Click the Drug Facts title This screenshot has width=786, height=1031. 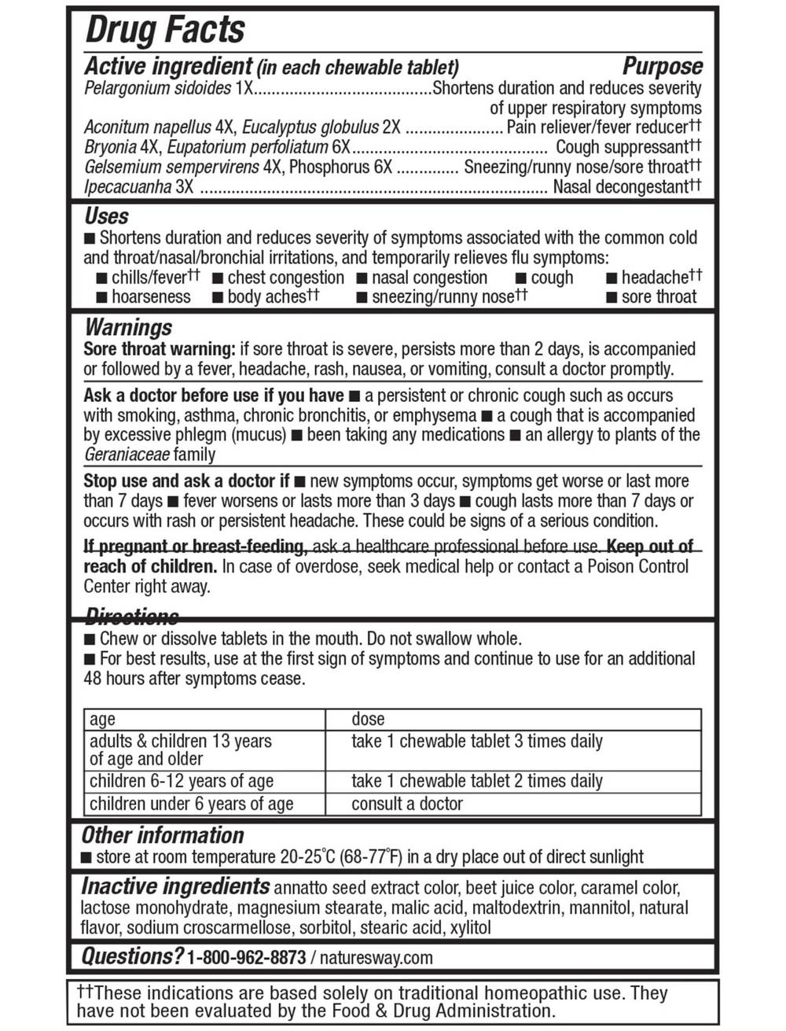click(164, 30)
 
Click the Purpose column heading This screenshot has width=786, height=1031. click(663, 67)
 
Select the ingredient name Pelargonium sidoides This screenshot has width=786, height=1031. click(157, 88)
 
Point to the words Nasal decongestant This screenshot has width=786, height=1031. click(620, 187)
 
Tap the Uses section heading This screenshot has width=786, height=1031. click(106, 216)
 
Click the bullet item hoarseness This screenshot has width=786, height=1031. click(151, 297)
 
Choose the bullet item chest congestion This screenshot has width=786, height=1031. click(285, 278)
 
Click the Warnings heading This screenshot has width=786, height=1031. click(128, 327)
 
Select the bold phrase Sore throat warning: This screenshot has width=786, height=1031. click(160, 348)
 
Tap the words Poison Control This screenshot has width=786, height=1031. click(638, 566)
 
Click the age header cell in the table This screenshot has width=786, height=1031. click(102, 719)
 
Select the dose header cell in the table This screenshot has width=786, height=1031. click(368, 719)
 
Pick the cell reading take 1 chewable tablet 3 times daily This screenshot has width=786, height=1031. click(477, 741)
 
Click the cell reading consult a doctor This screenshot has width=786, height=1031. click(407, 804)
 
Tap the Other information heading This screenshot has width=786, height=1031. click(163, 835)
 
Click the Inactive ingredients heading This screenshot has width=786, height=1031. click(175, 886)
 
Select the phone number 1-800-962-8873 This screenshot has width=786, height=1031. click(246, 958)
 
